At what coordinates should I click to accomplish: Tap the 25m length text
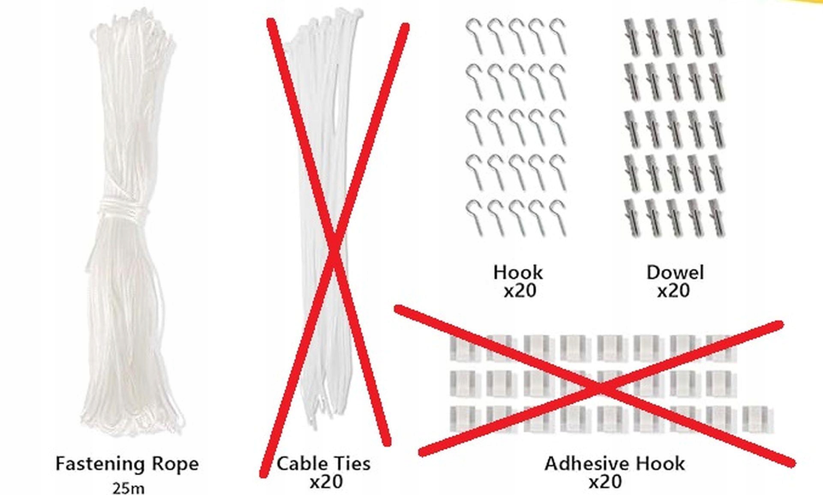pos(128,488)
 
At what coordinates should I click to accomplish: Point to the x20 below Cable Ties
pos(326,482)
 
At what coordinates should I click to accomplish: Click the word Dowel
pos(675,272)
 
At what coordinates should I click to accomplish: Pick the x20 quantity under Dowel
pos(673,291)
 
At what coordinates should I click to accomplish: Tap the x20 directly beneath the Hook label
pos(520,291)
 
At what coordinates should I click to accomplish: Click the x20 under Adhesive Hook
pos(605,482)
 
